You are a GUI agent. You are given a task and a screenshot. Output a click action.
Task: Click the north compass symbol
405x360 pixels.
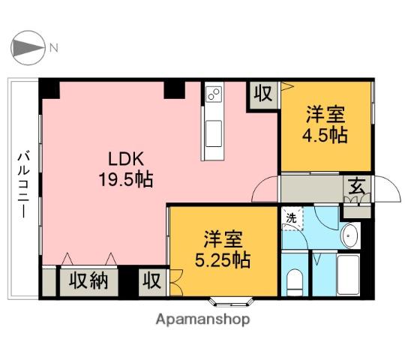pos(28,48)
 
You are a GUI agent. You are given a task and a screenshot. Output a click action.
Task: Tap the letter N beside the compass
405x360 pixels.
pos(54,48)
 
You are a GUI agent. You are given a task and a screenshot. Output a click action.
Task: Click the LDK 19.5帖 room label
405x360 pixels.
pos(126,169)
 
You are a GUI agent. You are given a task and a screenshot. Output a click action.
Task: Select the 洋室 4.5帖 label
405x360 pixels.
pos(325,125)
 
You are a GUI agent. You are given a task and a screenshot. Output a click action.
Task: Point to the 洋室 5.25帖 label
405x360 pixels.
pos(222,250)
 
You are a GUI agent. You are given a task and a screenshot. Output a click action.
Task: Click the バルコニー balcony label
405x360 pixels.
pos(24,186)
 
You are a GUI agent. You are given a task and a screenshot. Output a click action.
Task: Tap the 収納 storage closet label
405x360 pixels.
pos(88,281)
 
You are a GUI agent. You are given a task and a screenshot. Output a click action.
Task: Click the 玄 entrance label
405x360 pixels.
pos(357,187)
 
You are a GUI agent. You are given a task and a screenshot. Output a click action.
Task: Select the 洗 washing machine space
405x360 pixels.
pos(292,218)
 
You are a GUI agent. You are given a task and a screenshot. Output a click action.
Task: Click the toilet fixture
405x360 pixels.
pos(295,283)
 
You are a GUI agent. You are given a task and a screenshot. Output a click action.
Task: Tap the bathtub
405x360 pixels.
pos(348,274)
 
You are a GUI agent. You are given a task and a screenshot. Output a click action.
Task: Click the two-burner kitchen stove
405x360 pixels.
pos(214,94)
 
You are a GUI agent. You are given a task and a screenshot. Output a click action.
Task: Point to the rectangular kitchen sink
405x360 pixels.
pos(213,133)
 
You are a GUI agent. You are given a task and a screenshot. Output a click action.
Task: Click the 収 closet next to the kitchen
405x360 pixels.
pos(263,94)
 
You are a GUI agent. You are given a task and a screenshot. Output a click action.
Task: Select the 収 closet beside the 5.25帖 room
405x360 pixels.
pos(152,282)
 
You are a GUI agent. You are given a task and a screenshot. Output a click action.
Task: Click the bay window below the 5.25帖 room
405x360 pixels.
pos(231,302)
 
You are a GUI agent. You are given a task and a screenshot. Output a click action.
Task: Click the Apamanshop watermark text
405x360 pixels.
pos(202,320)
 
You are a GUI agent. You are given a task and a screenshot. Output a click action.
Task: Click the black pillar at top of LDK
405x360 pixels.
pos(175,90)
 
